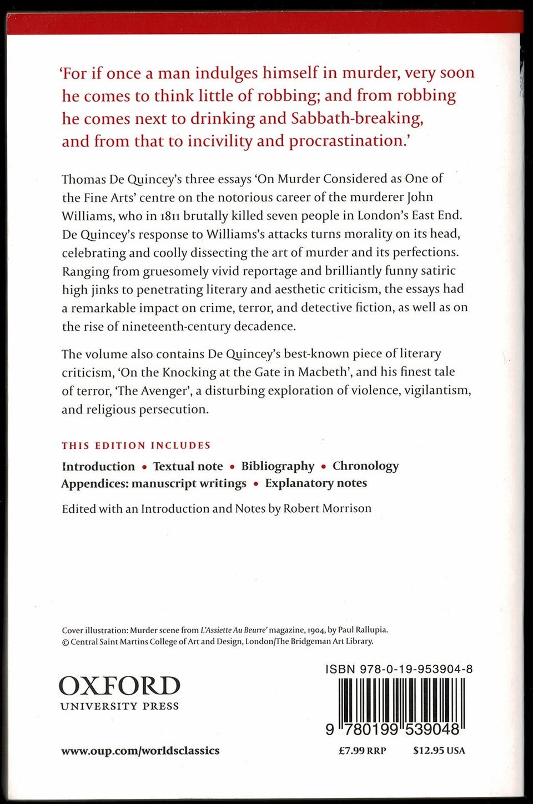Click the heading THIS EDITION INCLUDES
coord(136,446)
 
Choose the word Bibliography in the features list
coord(278,466)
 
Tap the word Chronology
coord(365,466)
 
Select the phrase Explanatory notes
coord(316,483)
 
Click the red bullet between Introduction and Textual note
coord(144,467)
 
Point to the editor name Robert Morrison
coord(327,509)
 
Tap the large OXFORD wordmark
coord(119,686)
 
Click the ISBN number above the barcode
coord(399,669)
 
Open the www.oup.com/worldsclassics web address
coord(140,751)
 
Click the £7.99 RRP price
coord(362,751)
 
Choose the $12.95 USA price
coord(439,751)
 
